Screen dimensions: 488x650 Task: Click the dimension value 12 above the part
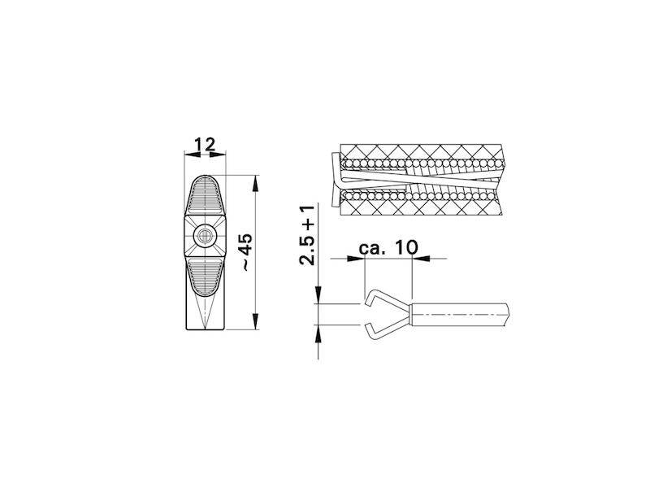point(205,145)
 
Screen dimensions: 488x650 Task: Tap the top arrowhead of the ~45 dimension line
point(257,181)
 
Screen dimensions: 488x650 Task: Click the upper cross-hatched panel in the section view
point(422,154)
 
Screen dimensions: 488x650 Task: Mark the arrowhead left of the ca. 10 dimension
point(357,259)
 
